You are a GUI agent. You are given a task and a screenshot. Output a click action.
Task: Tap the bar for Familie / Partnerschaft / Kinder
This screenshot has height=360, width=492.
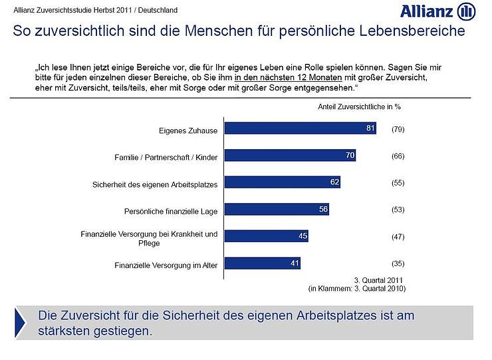(x=290, y=156)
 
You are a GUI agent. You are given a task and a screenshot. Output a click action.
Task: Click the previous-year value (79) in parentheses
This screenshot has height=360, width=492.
(x=398, y=128)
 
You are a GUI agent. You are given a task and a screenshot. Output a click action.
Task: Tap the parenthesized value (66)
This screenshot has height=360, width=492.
(x=398, y=156)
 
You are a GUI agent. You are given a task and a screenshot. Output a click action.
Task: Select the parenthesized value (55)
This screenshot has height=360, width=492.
(x=398, y=182)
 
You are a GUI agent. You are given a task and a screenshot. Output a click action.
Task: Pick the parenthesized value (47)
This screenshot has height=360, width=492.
(x=398, y=236)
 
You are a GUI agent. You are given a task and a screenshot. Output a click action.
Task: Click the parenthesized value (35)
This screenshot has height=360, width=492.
(x=398, y=263)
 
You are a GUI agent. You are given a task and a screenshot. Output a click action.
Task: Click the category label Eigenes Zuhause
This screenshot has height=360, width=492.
(x=189, y=130)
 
